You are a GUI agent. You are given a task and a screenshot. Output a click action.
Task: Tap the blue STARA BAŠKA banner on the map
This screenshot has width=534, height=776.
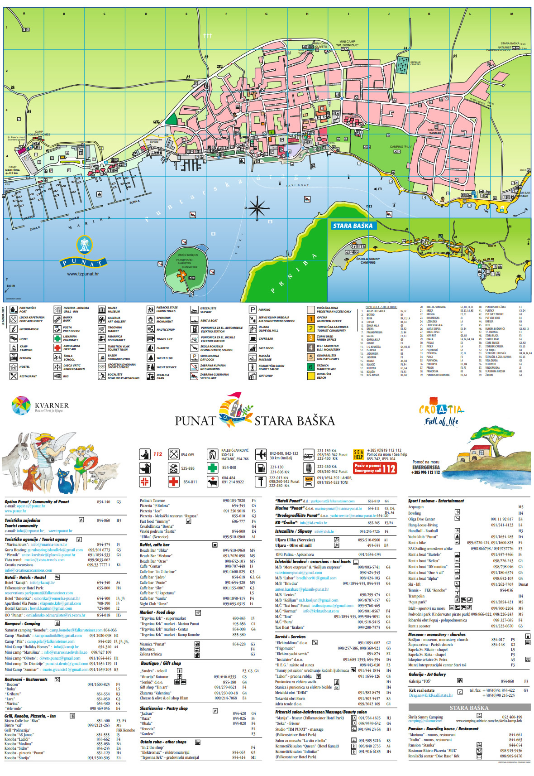[353, 226]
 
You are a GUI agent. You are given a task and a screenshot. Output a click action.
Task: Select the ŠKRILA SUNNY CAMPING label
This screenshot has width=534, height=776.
[368, 260]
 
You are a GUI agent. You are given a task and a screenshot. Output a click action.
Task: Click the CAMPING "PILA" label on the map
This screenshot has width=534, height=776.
[401, 147]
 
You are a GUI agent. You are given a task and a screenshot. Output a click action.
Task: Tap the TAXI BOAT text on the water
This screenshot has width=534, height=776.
[297, 185]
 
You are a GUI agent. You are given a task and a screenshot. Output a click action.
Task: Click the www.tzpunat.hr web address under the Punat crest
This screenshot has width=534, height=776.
[83, 274]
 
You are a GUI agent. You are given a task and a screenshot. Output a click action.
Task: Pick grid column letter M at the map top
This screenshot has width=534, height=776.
[511, 14]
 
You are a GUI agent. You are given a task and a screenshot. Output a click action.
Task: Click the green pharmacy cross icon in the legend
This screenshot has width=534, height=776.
[57, 338]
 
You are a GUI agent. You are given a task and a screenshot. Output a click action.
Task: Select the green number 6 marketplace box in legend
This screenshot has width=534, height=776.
[311, 367]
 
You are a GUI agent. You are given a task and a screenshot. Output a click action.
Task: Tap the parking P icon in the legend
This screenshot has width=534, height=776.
[253, 310]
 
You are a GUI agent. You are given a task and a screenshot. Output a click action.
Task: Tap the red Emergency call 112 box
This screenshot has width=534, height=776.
[375, 468]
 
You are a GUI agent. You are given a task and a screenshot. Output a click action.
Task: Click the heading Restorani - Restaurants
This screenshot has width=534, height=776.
[26, 679]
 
